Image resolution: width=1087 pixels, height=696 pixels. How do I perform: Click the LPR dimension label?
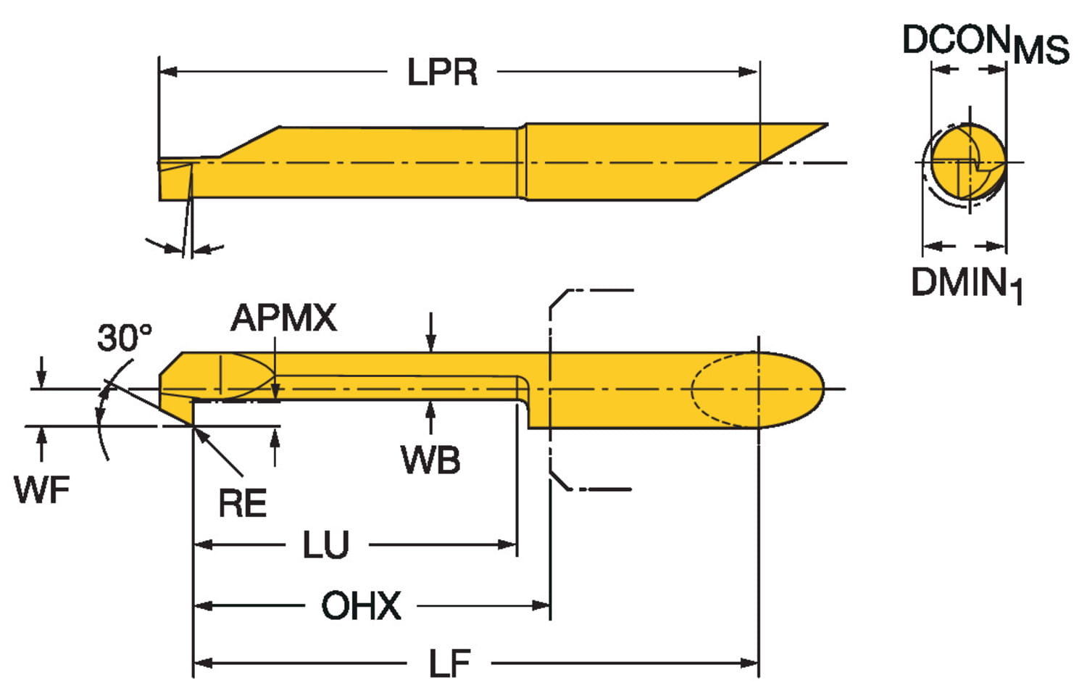[x=442, y=72]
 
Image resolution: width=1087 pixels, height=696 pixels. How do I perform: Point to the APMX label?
[x=283, y=318]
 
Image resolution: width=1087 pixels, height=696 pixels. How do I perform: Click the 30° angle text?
[x=125, y=338]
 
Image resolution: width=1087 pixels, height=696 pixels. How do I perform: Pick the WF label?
[x=42, y=489]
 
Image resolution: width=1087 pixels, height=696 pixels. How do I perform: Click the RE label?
[x=243, y=503]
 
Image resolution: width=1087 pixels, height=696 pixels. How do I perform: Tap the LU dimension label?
[x=326, y=545]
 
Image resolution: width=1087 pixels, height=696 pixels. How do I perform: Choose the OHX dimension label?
[x=361, y=606]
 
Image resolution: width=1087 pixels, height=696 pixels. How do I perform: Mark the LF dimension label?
[x=449, y=663]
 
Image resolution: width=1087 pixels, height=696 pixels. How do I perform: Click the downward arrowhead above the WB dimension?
[x=431, y=344]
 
